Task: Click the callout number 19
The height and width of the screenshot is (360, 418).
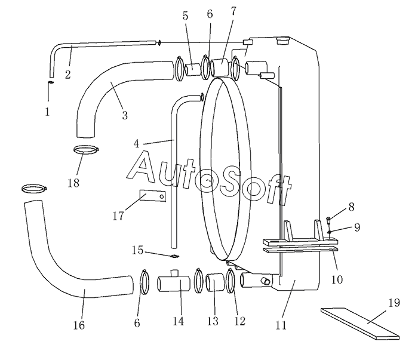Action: pyautogui.click(x=394, y=303)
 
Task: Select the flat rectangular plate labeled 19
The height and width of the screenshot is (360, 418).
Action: pyautogui.click(x=360, y=324)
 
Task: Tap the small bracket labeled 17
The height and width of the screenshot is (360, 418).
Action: pyautogui.click(x=153, y=196)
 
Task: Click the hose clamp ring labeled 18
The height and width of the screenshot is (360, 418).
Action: pyautogui.click(x=86, y=150)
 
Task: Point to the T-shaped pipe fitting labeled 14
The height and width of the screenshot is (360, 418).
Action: pyautogui.click(x=174, y=283)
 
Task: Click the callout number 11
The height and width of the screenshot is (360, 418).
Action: pyautogui.click(x=281, y=325)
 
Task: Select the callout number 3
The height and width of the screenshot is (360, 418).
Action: pyautogui.click(x=125, y=115)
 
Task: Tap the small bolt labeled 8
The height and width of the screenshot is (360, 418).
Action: pyautogui.click(x=329, y=220)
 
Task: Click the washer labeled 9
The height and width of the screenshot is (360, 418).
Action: pyautogui.click(x=330, y=232)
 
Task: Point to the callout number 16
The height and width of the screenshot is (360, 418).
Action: pyautogui.click(x=79, y=325)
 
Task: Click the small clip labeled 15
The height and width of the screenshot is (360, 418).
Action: pyautogui.click(x=174, y=256)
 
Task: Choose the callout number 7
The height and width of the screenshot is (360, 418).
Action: pyautogui.click(x=233, y=11)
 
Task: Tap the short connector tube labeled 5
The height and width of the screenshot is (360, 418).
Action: pyautogui.click(x=193, y=70)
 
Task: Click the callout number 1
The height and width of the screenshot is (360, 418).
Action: pyautogui.click(x=47, y=112)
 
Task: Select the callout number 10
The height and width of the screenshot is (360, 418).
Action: pyautogui.click(x=337, y=279)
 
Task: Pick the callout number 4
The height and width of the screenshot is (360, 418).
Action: pyautogui.click(x=136, y=144)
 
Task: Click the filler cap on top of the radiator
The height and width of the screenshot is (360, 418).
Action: pyautogui.click(x=282, y=41)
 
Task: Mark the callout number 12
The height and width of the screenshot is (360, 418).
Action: pyautogui.click(x=239, y=321)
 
